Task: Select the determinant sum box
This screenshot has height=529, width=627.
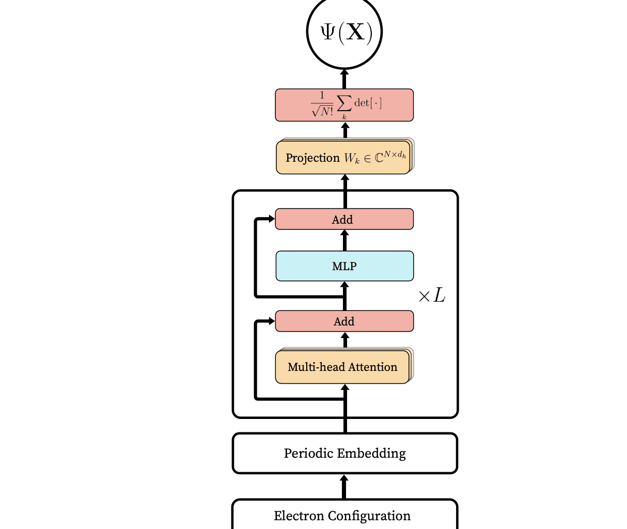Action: [344, 105]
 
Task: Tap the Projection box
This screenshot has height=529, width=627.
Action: [343, 158]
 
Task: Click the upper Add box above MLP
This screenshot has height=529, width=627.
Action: [344, 219]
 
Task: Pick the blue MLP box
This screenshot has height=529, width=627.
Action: [344, 266]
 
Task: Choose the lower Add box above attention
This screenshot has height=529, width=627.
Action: [344, 321]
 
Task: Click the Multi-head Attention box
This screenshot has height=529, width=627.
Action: [342, 367]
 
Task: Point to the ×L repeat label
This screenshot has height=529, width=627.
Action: [432, 296]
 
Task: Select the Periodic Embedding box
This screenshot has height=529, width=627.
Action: [344, 453]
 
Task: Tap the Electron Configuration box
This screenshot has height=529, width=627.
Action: [344, 515]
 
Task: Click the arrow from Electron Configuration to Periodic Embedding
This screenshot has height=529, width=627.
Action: [344, 487]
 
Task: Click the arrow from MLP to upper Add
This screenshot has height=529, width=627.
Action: [344, 240]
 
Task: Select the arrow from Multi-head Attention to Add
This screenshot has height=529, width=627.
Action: [344, 340]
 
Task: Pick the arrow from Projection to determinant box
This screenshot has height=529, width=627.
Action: [344, 130]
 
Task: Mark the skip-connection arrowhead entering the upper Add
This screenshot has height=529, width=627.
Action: [271, 219]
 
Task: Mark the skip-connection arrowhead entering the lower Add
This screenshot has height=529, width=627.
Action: [271, 321]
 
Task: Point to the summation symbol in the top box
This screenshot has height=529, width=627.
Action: [344, 103]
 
